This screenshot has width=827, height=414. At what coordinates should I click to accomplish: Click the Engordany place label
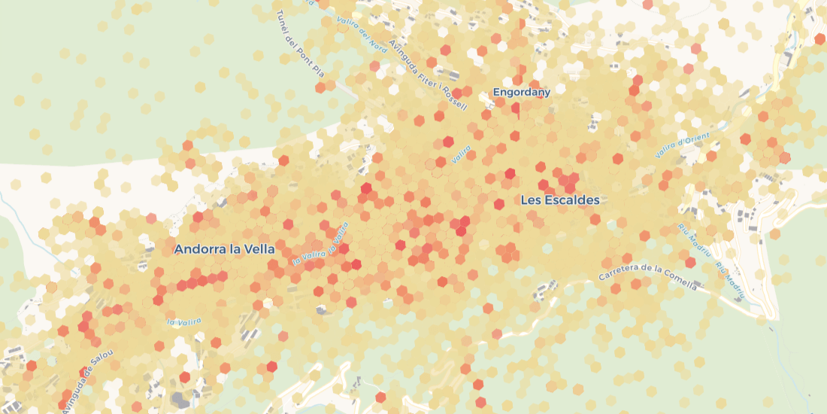tap(522, 93)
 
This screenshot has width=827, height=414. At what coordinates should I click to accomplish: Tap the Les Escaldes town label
tap(560, 200)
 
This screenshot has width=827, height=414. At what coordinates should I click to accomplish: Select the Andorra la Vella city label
tap(224, 248)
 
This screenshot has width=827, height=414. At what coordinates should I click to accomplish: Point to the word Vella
tap(258, 248)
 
